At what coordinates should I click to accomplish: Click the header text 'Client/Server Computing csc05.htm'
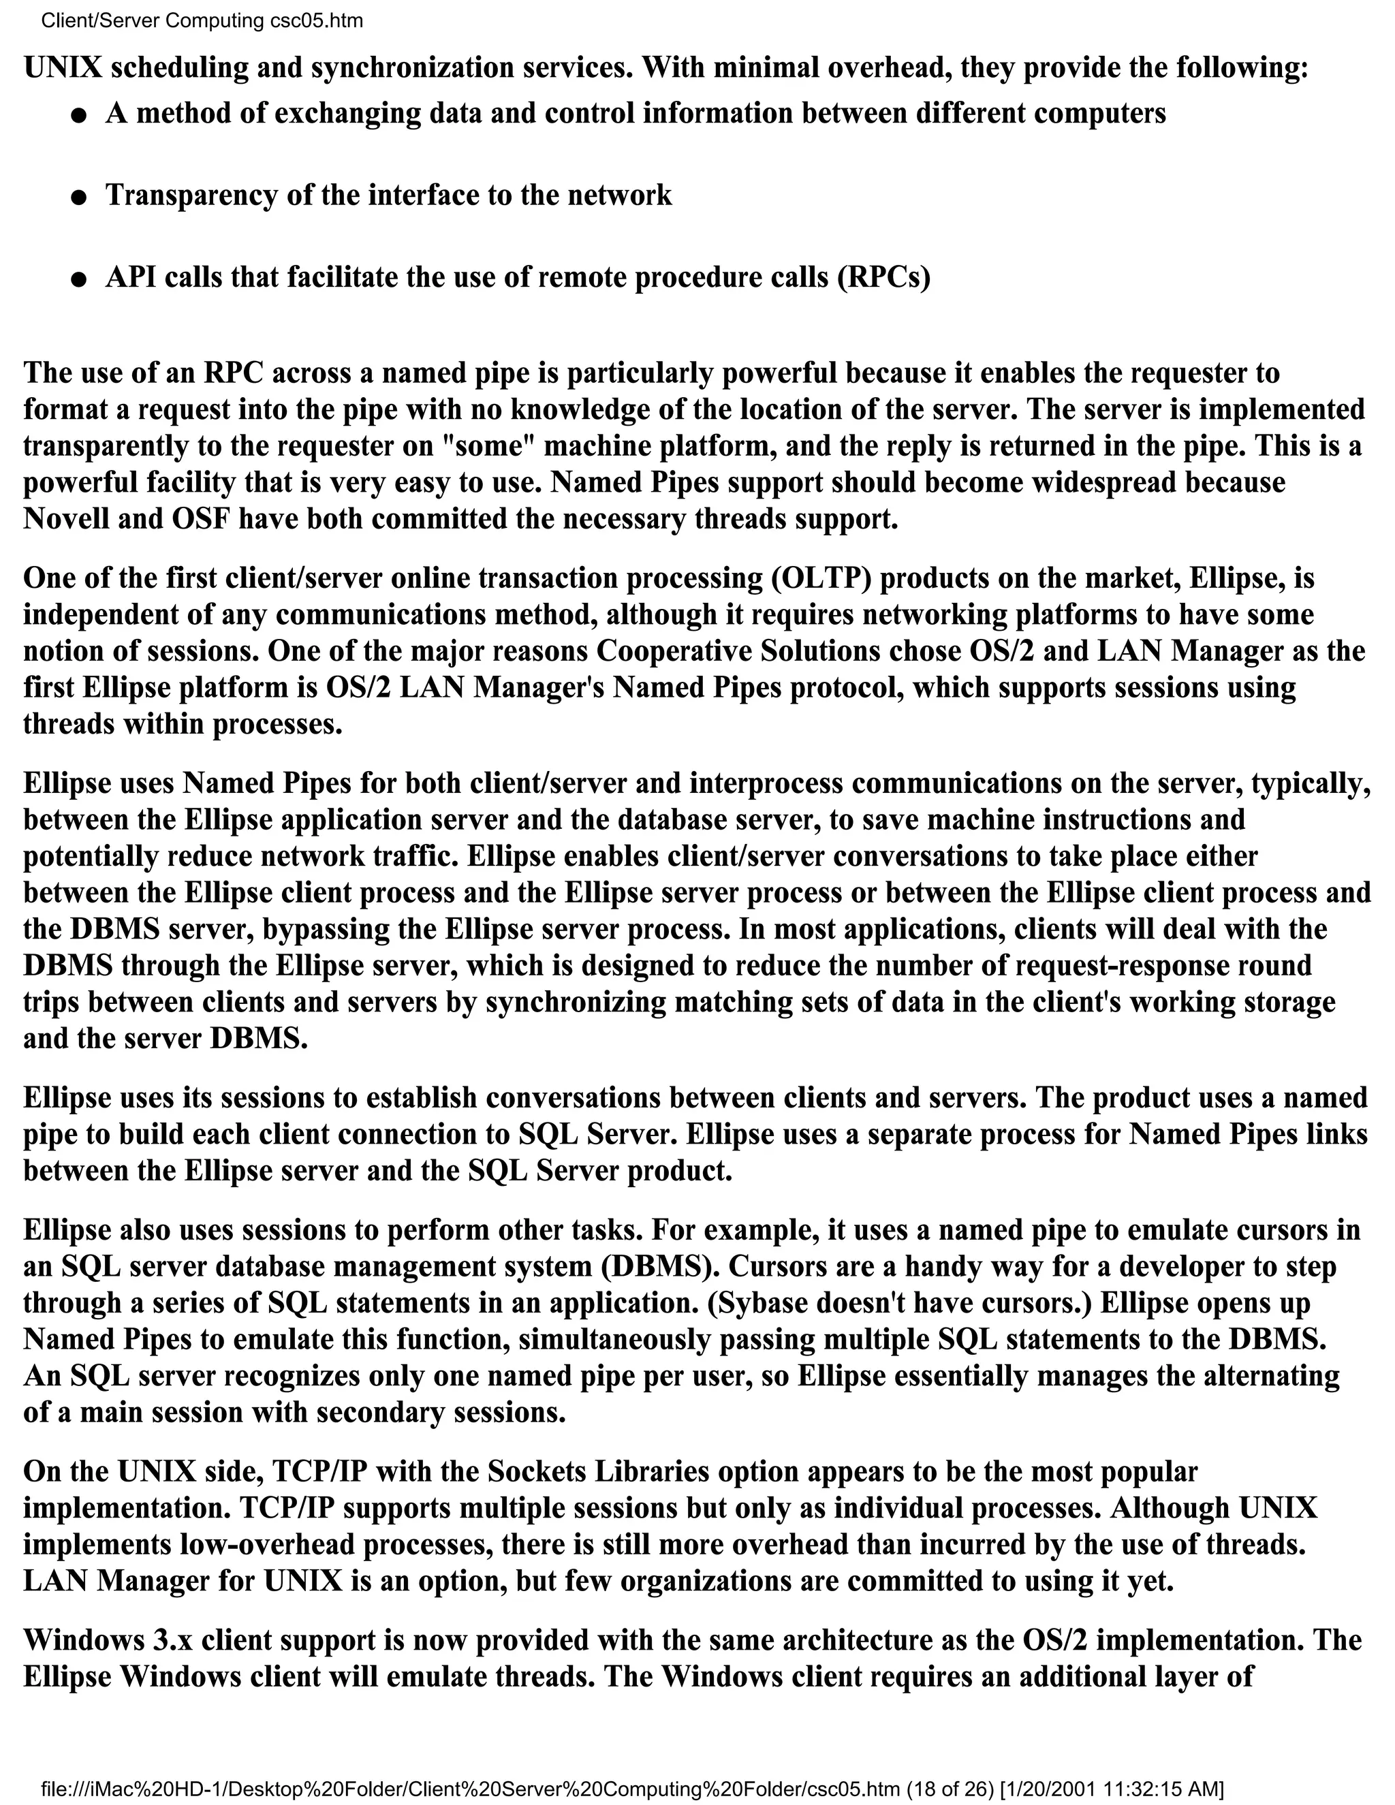coord(202,20)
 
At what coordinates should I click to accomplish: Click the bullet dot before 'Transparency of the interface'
coord(78,198)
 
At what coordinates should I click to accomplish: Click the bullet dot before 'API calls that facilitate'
coord(78,280)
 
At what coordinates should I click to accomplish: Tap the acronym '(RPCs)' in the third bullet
coord(883,277)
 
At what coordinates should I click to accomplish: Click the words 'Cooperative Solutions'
coord(738,651)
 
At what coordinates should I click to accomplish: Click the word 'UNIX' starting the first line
coord(63,67)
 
